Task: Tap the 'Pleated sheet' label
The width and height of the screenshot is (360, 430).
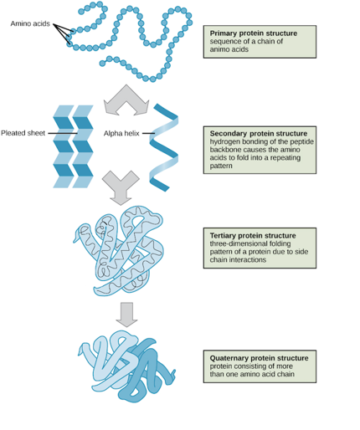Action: point(24,133)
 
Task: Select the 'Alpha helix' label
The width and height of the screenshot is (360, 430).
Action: point(121,133)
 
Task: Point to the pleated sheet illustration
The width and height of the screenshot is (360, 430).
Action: point(74,146)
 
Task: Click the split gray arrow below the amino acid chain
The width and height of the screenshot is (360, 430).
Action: point(126,98)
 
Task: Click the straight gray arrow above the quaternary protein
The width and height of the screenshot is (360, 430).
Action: point(126,314)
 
